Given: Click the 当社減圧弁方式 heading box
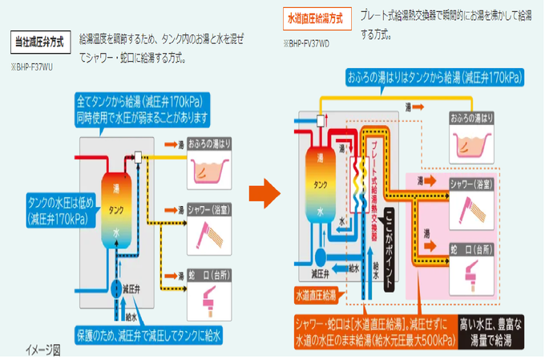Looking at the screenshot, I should (38, 40).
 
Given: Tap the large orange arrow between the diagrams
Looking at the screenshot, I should (261, 192).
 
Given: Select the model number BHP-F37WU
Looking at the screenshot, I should (33, 67).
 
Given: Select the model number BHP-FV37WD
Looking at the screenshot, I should (305, 42).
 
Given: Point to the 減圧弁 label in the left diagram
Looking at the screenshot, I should (131, 288).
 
